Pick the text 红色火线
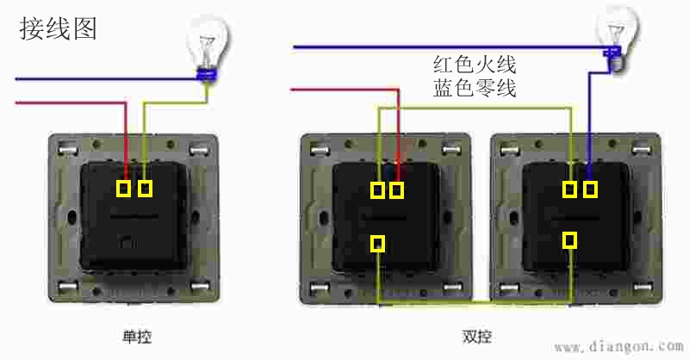pos(475,65)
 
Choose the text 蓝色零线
pos(475,88)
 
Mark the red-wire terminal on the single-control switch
pos(125,187)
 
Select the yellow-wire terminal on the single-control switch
pos(145,187)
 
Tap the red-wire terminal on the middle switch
pos(396,189)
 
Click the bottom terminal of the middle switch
pos(377,244)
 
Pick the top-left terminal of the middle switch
pos(377,189)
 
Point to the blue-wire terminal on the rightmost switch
pos(589,189)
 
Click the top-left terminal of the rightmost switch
pos(569,189)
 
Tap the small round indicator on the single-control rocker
pos(128,242)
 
